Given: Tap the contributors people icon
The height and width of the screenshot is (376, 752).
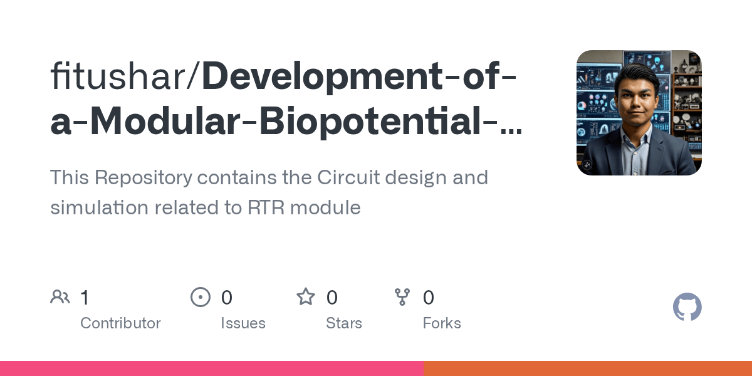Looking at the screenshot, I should (60, 297).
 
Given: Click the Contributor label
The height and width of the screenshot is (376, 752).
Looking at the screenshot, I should (120, 323).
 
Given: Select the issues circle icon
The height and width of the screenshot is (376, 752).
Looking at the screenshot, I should (201, 297).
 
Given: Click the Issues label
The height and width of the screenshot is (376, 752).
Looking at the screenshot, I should (243, 323).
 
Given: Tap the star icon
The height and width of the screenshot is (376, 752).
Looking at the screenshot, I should (306, 297).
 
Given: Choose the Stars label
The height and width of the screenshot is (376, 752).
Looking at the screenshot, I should (343, 323).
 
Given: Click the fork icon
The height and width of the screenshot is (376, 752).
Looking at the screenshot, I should (402, 297).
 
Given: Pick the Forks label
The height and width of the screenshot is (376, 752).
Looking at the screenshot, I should (442, 323).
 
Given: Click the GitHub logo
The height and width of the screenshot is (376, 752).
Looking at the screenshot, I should (687, 308).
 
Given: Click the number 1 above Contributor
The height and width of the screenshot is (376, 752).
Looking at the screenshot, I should (85, 297).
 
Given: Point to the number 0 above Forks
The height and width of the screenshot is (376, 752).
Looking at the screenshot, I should (429, 297).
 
